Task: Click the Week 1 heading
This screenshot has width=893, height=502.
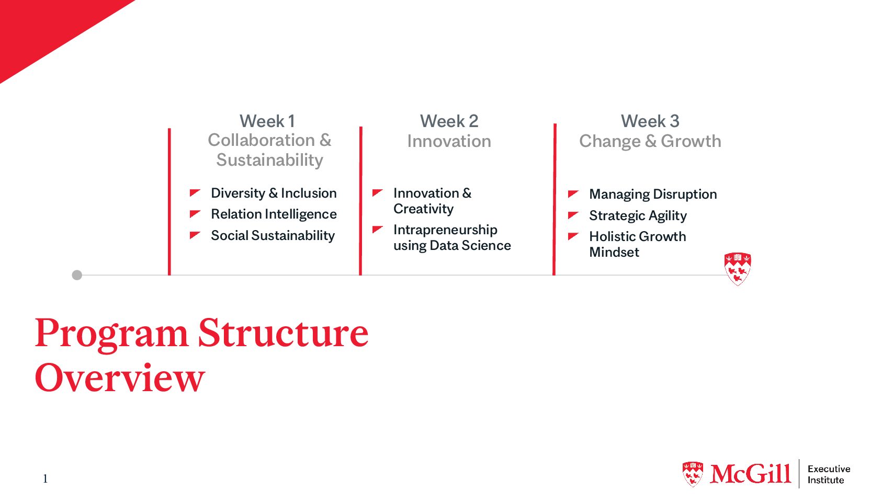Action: tap(267, 121)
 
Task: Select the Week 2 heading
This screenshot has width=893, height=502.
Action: tap(449, 121)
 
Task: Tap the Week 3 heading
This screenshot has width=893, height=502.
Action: tap(650, 121)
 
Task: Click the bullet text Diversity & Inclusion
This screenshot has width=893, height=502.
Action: tap(274, 193)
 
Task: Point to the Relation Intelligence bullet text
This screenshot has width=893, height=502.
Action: tap(274, 214)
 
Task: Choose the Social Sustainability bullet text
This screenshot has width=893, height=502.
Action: tap(273, 235)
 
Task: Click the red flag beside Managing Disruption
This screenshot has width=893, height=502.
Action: tap(573, 194)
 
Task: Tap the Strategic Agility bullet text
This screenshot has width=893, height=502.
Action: tap(638, 215)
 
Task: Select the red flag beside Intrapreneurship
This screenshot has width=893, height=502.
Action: tap(378, 230)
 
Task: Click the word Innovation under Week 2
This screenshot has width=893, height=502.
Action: tap(449, 141)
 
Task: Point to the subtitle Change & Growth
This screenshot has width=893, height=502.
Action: tap(650, 141)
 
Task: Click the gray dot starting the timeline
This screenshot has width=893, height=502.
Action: tap(77, 275)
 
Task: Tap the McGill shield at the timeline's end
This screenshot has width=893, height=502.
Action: tap(738, 269)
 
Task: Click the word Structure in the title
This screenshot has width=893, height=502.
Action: tap(283, 333)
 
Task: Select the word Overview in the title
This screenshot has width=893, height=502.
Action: tap(120, 378)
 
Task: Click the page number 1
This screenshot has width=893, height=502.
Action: tap(45, 478)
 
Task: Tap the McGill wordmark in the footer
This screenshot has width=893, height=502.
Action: tap(750, 474)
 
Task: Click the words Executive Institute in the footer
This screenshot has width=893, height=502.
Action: tap(829, 474)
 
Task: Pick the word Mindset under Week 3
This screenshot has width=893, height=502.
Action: tap(614, 252)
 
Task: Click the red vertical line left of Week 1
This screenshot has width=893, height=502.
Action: tap(169, 202)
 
